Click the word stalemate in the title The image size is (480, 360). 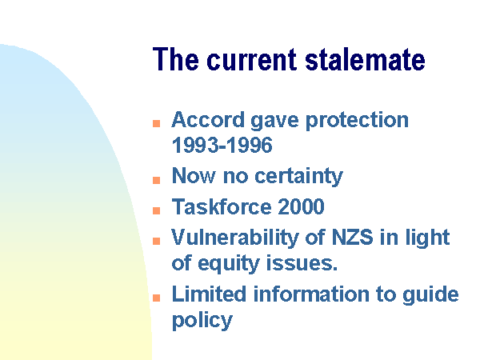point(365,59)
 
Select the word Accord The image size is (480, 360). point(208,119)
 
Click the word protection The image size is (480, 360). point(358,122)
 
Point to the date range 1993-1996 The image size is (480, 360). point(222,145)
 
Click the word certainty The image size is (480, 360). point(298,177)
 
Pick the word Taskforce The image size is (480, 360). point(222,206)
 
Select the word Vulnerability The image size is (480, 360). point(234,238)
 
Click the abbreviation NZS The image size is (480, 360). point(352,237)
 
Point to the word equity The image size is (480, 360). point(228,264)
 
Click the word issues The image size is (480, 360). point(302,263)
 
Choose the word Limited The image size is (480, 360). point(209,294)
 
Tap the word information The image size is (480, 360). point(311,294)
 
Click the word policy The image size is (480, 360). point(202,321)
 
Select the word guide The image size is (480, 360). point(430,295)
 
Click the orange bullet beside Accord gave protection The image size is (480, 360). point(157,123)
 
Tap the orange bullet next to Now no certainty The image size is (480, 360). point(157,180)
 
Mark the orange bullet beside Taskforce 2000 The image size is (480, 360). point(157,210)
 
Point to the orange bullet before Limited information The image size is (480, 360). point(157,298)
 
